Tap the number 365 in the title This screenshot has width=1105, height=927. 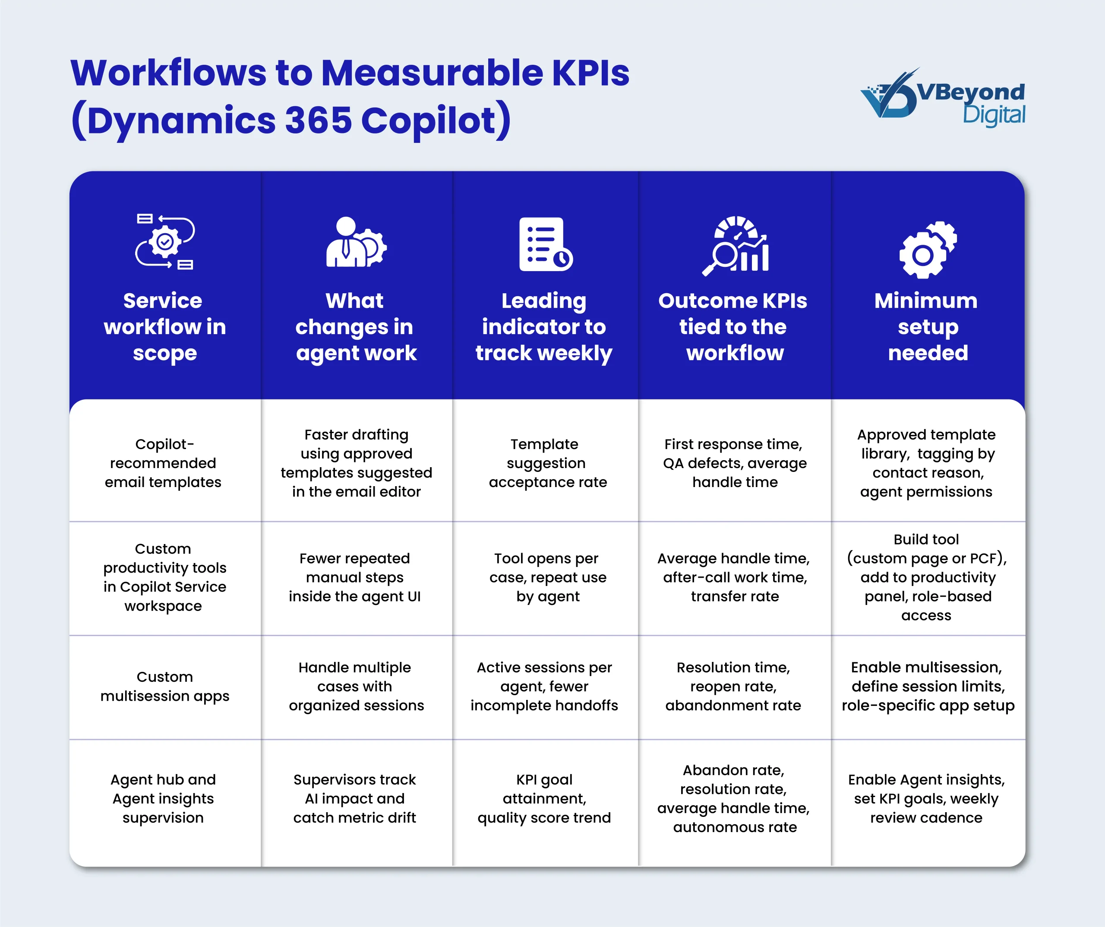(318, 120)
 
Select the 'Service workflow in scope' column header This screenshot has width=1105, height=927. (165, 327)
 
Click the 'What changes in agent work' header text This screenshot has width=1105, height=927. (356, 327)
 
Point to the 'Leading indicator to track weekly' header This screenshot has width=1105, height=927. (544, 327)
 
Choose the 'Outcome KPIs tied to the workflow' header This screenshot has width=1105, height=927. (733, 327)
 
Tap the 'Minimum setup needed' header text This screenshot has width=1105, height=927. (927, 327)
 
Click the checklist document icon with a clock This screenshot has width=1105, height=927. (545, 244)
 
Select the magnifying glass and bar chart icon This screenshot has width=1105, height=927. (736, 245)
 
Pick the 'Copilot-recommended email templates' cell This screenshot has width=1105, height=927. (163, 463)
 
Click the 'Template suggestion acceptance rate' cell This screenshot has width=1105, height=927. (547, 463)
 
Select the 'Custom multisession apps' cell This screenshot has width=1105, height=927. (165, 687)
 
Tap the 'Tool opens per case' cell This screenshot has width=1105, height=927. (547, 577)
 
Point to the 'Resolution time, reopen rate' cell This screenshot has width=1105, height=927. (733, 687)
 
